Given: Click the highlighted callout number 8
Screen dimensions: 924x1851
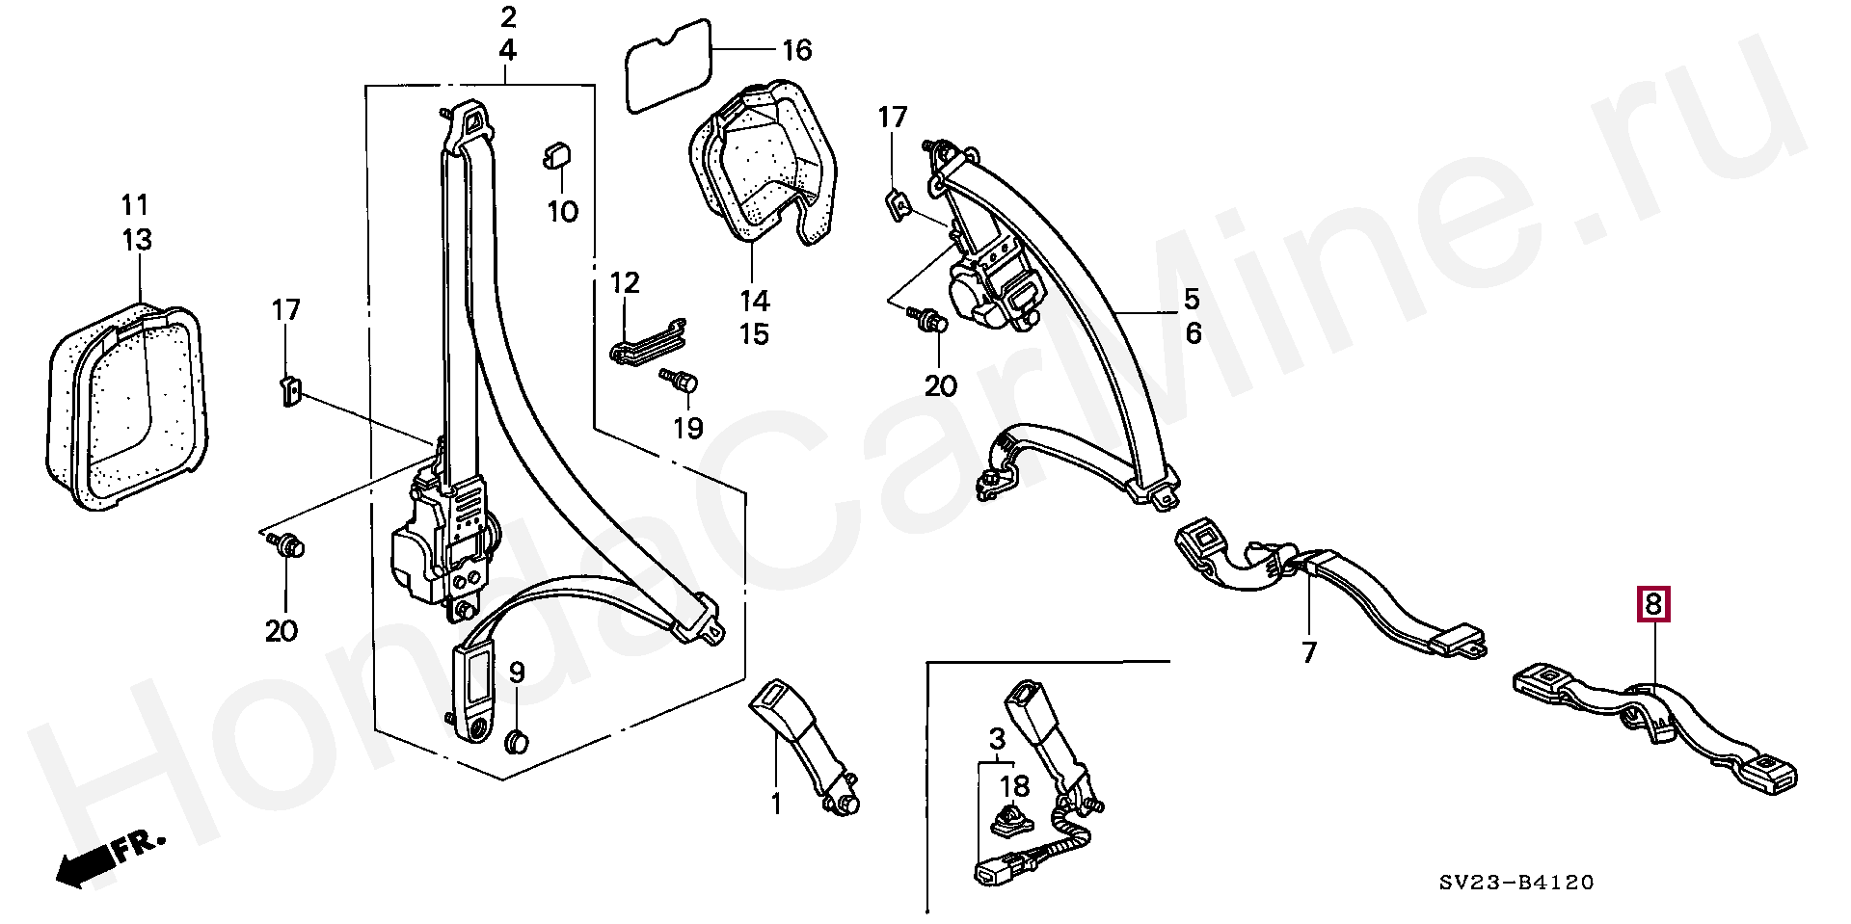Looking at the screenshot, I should (x=1652, y=605).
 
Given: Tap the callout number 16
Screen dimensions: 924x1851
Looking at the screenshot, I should (x=796, y=50).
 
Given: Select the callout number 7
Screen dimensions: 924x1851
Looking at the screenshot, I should (x=1308, y=652).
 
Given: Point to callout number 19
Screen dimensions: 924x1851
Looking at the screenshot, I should (x=687, y=428).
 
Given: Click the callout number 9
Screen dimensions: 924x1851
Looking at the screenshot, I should (x=517, y=673).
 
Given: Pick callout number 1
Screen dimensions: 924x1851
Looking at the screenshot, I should (x=777, y=803).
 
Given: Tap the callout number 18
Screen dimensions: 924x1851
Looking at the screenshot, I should (x=1014, y=785).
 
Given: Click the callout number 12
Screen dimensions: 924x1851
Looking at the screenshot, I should (x=625, y=283).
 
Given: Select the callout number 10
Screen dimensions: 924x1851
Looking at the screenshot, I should (x=562, y=210).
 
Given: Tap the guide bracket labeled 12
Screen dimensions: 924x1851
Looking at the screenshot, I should (x=649, y=340).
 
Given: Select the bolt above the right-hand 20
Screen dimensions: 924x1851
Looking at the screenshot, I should (x=931, y=322).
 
